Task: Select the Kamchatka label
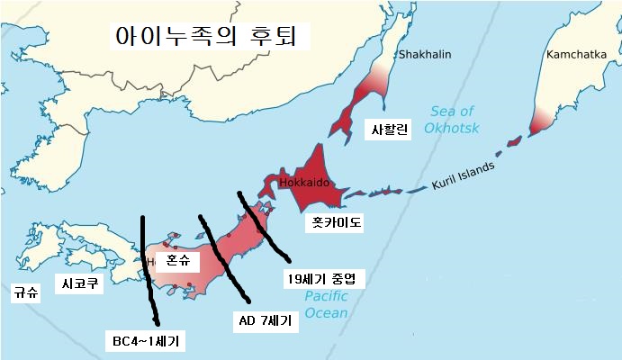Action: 575,56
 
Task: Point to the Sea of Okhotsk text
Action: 452,120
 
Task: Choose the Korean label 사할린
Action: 390,130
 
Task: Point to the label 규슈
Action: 26,292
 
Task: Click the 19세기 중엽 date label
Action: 324,279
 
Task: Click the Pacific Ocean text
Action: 325,304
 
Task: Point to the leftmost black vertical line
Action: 148,270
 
